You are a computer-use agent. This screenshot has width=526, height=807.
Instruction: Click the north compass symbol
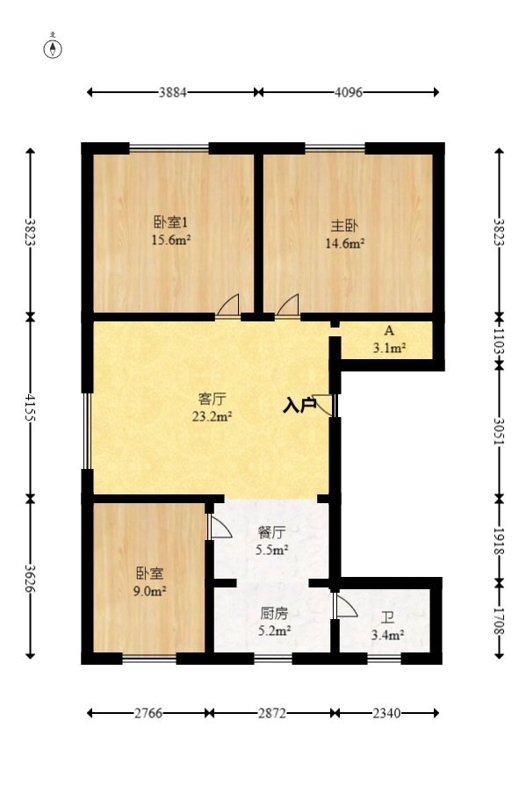54,47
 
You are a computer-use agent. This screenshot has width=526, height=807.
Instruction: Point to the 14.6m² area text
345,244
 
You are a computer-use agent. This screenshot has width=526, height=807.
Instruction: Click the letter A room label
387,331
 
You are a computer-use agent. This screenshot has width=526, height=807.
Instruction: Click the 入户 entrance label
299,405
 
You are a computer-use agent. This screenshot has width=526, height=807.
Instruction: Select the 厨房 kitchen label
272,614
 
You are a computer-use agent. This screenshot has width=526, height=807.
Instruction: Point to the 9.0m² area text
150,591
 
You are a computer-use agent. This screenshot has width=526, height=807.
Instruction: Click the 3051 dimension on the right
500,432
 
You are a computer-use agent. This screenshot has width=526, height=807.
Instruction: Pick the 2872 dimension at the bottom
272,714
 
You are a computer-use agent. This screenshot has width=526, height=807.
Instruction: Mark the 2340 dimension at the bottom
387,714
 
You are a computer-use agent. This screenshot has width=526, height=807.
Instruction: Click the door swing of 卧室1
228,306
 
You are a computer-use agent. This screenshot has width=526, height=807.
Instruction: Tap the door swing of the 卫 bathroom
345,607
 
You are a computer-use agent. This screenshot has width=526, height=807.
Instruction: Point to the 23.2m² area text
212,417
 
